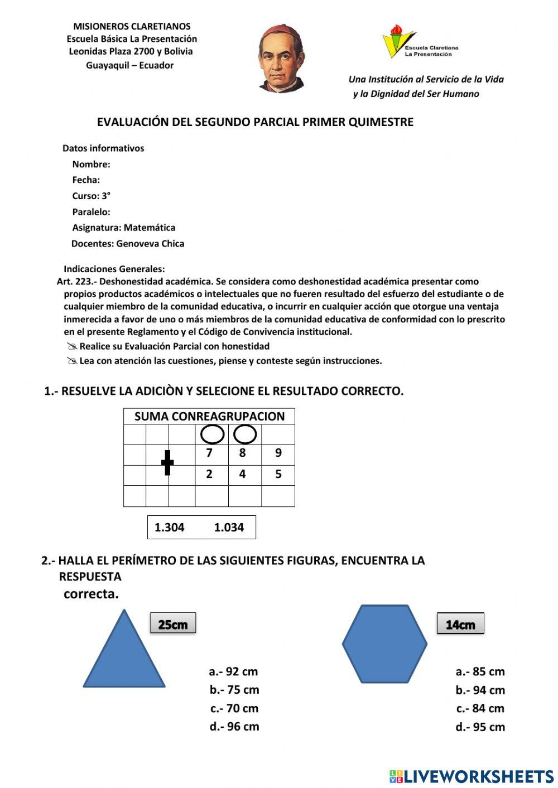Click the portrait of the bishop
[281, 59]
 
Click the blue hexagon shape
[384, 644]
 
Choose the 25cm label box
[173, 624]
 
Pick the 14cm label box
[460, 625]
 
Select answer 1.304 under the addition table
[169, 528]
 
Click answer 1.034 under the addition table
[229, 528]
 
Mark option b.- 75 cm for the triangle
[234, 690]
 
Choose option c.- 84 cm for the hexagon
[480, 708]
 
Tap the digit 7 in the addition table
[209, 453]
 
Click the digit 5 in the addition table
[278, 475]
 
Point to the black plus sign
[167, 463]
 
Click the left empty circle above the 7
[212, 434]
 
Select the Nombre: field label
[91, 165]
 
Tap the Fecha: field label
[86, 180]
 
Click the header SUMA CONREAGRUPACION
[209, 417]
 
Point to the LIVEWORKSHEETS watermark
[472, 776]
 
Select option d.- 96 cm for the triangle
[234, 727]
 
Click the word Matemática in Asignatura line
[150, 228]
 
